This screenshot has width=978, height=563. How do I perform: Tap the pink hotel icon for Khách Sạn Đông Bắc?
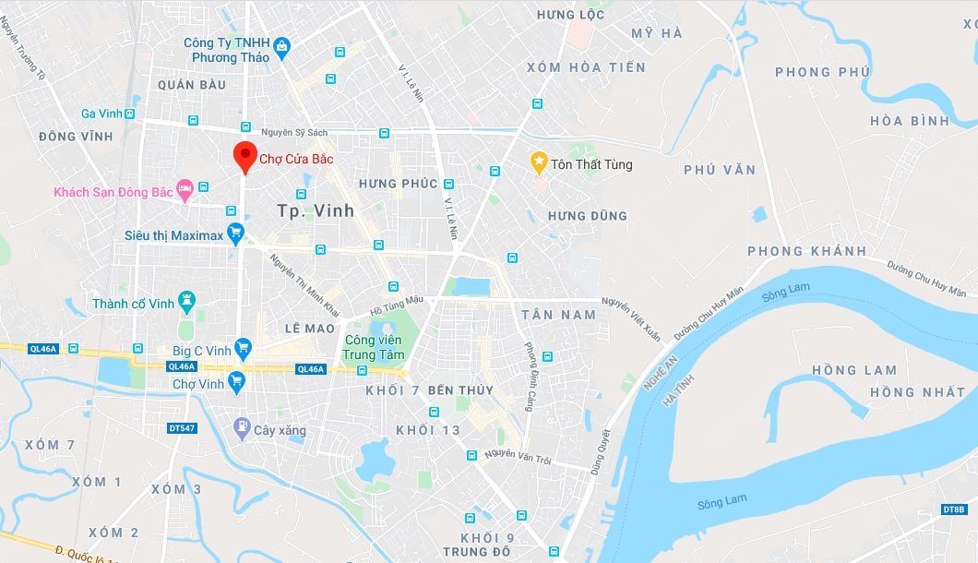tap(184, 190)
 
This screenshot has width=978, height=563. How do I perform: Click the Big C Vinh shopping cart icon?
tap(243, 348)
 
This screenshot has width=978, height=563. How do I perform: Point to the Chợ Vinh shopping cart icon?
tap(236, 380)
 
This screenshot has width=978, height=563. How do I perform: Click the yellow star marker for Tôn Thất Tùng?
tap(539, 163)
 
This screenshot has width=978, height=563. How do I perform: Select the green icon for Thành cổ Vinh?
tap(187, 302)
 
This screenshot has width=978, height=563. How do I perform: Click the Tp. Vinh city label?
tap(316, 210)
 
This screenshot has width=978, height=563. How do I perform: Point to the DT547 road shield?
tap(183, 428)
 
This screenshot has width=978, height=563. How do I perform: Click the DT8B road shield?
tap(954, 509)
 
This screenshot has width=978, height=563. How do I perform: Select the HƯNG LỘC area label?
tap(570, 15)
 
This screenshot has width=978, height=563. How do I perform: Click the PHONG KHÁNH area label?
tap(807, 251)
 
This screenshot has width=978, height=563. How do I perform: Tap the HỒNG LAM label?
tap(853, 370)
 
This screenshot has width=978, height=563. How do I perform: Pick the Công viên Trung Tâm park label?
tap(374, 347)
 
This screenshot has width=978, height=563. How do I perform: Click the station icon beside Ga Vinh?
tap(130, 114)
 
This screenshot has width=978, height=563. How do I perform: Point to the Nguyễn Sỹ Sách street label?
tap(294, 133)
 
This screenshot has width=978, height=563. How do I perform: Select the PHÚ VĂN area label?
tap(720, 170)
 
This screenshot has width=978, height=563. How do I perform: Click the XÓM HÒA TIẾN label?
tap(586, 67)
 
